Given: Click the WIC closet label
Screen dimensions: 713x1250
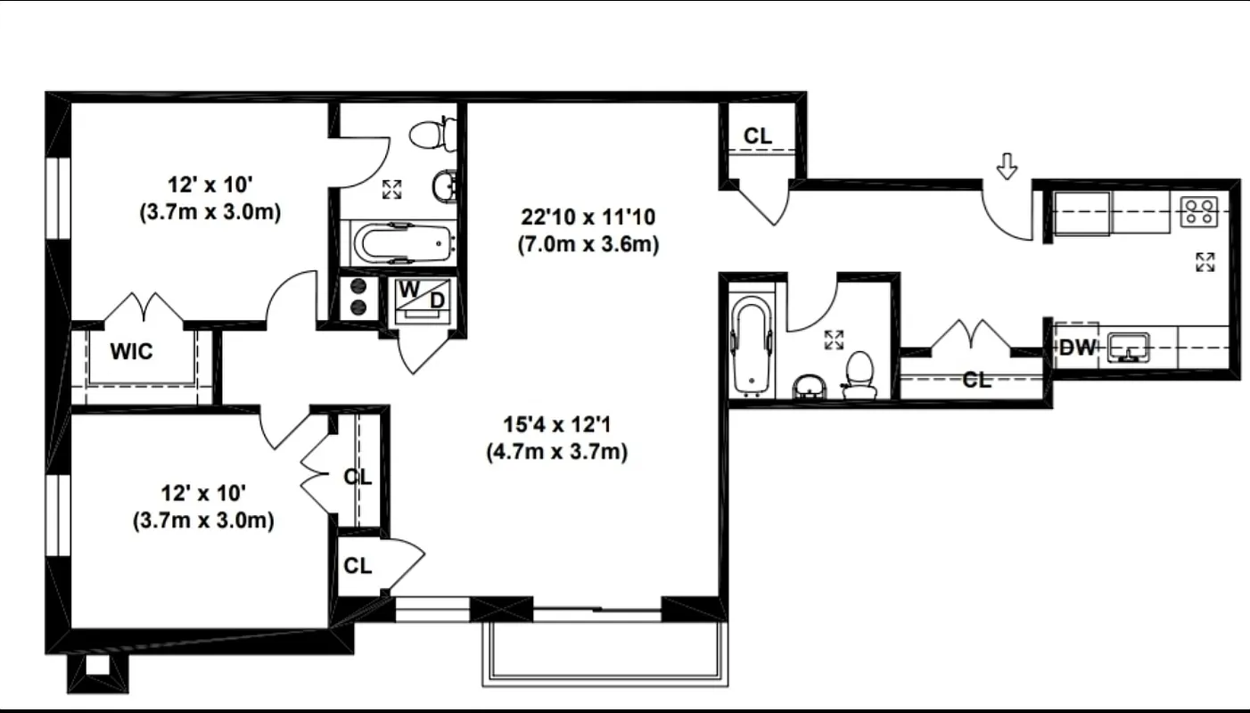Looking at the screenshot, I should [x=132, y=351].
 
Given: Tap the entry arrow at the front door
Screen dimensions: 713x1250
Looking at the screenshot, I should [x=1007, y=166].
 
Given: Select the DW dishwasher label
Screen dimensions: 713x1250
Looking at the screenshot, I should [x=1077, y=348].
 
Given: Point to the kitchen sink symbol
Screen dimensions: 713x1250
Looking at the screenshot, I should [x=1129, y=348].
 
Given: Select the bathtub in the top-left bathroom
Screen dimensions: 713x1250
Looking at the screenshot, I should [x=403, y=242].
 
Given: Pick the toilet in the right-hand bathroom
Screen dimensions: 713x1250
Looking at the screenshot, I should [x=860, y=374].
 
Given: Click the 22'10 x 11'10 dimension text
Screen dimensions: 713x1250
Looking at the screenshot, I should [x=588, y=217].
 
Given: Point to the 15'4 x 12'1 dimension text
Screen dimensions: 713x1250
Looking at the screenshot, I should [x=557, y=423].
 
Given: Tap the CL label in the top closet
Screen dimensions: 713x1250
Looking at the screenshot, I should [x=759, y=135].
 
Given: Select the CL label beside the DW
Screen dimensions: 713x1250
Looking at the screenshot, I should [x=977, y=381].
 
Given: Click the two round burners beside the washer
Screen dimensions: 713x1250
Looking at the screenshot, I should [x=359, y=297].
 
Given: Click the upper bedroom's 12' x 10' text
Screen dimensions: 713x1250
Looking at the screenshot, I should [x=210, y=185].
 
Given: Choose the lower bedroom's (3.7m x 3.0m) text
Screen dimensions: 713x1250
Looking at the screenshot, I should [x=202, y=520].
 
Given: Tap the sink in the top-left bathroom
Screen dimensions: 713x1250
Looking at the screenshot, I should [x=444, y=186].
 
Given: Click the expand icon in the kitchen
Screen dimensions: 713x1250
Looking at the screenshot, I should [x=1205, y=262].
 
